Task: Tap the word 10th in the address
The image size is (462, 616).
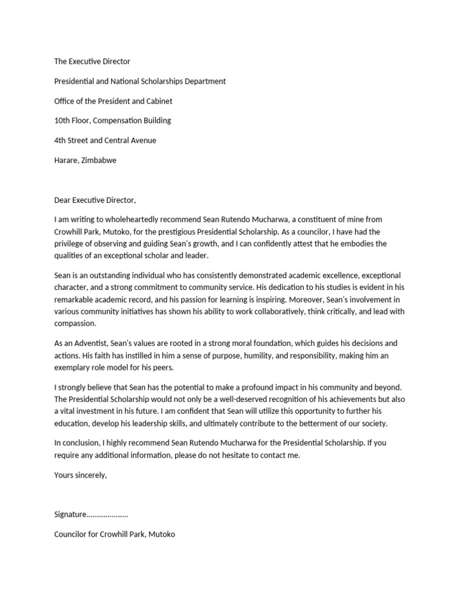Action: coord(62,120)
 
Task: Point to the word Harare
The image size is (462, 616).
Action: coord(66,160)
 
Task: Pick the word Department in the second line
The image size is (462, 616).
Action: coord(205,81)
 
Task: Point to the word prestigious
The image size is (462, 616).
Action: coord(199,232)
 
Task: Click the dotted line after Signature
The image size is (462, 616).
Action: coord(108,515)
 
